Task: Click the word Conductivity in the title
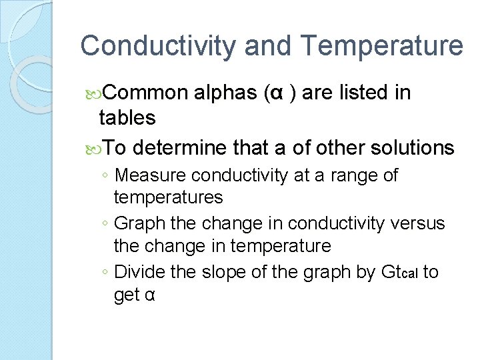click(157, 46)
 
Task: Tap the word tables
click(127, 118)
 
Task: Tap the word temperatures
click(169, 197)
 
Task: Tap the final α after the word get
click(150, 295)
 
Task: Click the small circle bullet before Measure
click(105, 176)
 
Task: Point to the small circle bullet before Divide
click(105, 273)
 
